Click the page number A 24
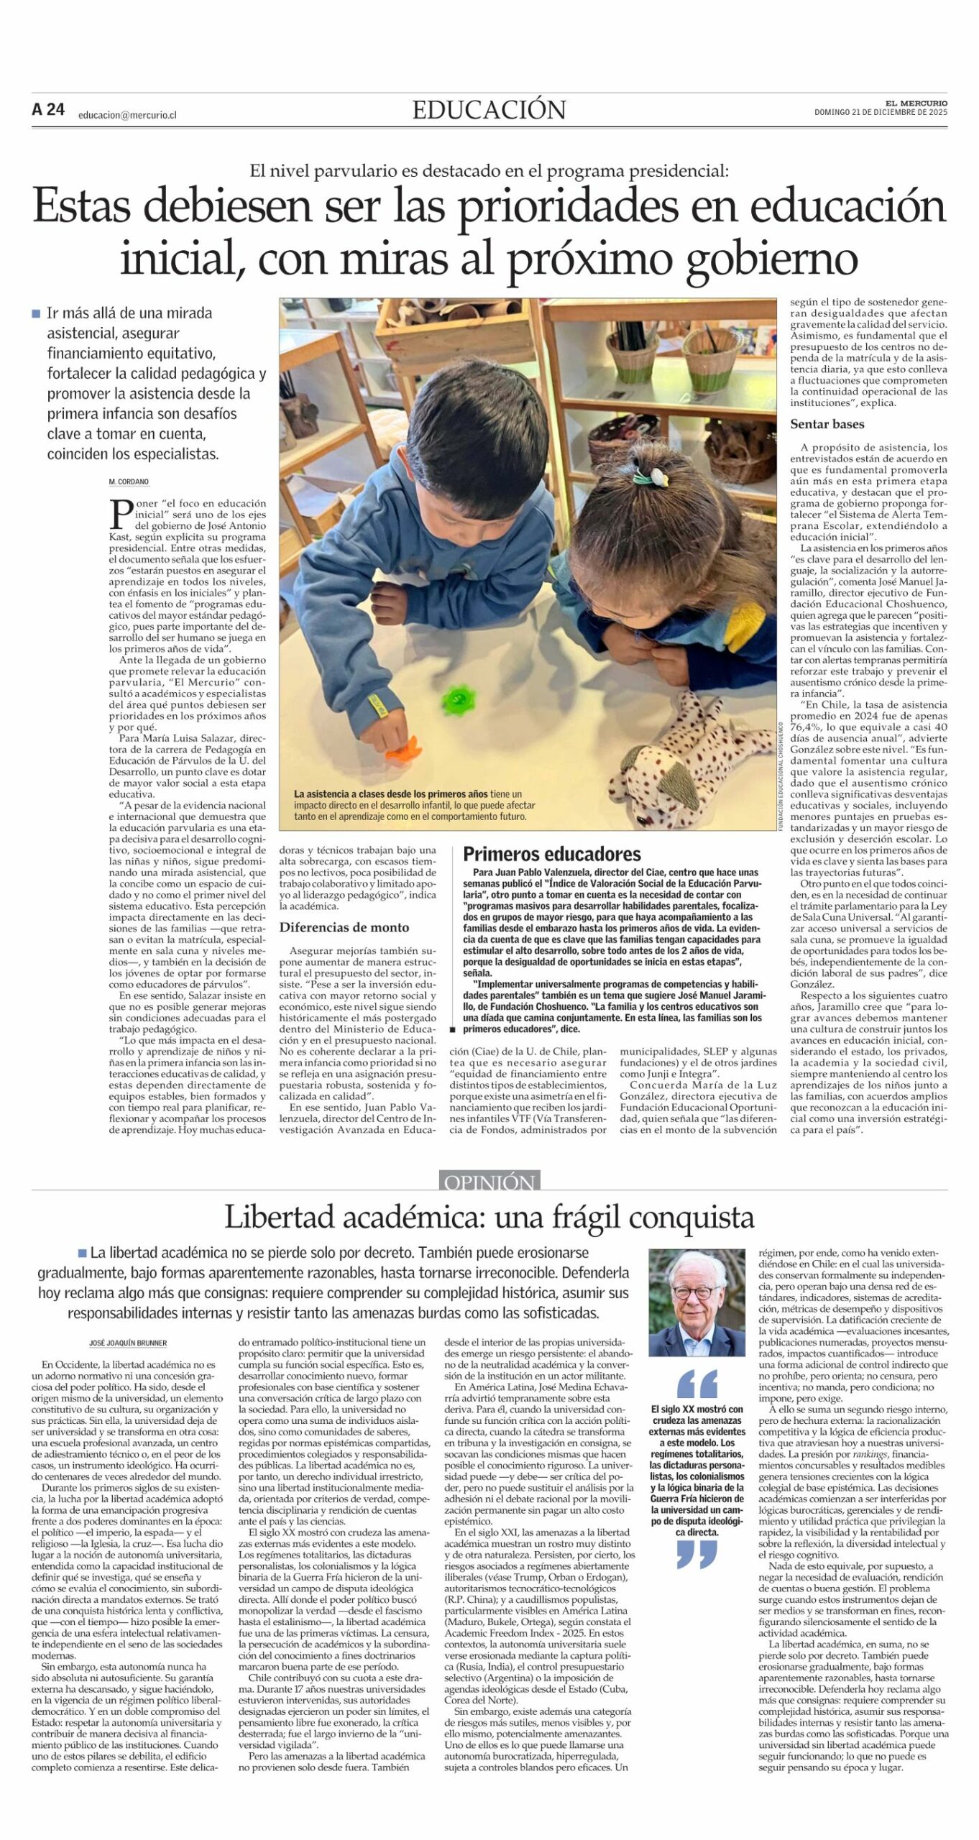coord(48,110)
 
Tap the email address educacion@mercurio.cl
coord(127,114)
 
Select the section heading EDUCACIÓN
coord(489,110)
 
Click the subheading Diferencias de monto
coord(344,927)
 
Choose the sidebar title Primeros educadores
coord(551,854)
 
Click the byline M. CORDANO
coord(129,482)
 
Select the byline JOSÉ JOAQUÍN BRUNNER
coord(127,1343)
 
